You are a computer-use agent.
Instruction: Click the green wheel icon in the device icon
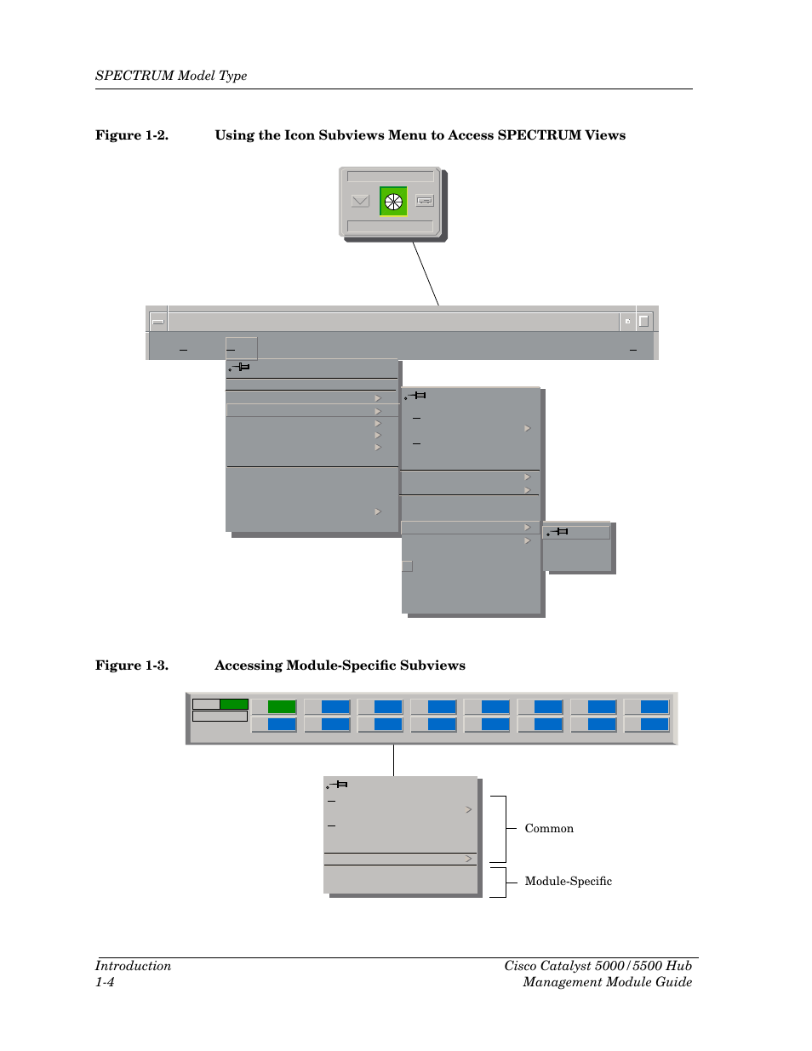tap(392, 202)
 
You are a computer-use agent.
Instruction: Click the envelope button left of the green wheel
tap(360, 202)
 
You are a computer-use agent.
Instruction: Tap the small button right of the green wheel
tap(426, 202)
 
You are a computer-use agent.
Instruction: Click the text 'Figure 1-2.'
tap(131, 135)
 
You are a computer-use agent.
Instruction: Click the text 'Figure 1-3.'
tap(131, 665)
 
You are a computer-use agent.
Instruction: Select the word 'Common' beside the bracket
tap(549, 828)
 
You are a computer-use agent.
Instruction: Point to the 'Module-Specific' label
tap(568, 881)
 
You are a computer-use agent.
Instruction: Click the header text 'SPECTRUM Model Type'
tap(171, 76)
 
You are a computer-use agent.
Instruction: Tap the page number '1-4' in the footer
tap(105, 982)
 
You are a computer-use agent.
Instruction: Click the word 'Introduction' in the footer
tap(133, 966)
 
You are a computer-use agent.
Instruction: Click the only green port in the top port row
tap(281, 706)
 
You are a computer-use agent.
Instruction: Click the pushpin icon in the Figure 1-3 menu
tap(338, 785)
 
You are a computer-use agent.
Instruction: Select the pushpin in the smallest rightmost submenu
tap(558, 532)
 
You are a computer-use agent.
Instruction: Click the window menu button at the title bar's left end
tap(157, 321)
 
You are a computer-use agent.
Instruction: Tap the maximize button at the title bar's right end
tap(644, 321)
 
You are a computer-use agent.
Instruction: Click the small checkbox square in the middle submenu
tap(407, 566)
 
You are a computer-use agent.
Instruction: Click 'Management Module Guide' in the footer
tap(607, 982)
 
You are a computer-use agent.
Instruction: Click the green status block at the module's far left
tap(233, 704)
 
